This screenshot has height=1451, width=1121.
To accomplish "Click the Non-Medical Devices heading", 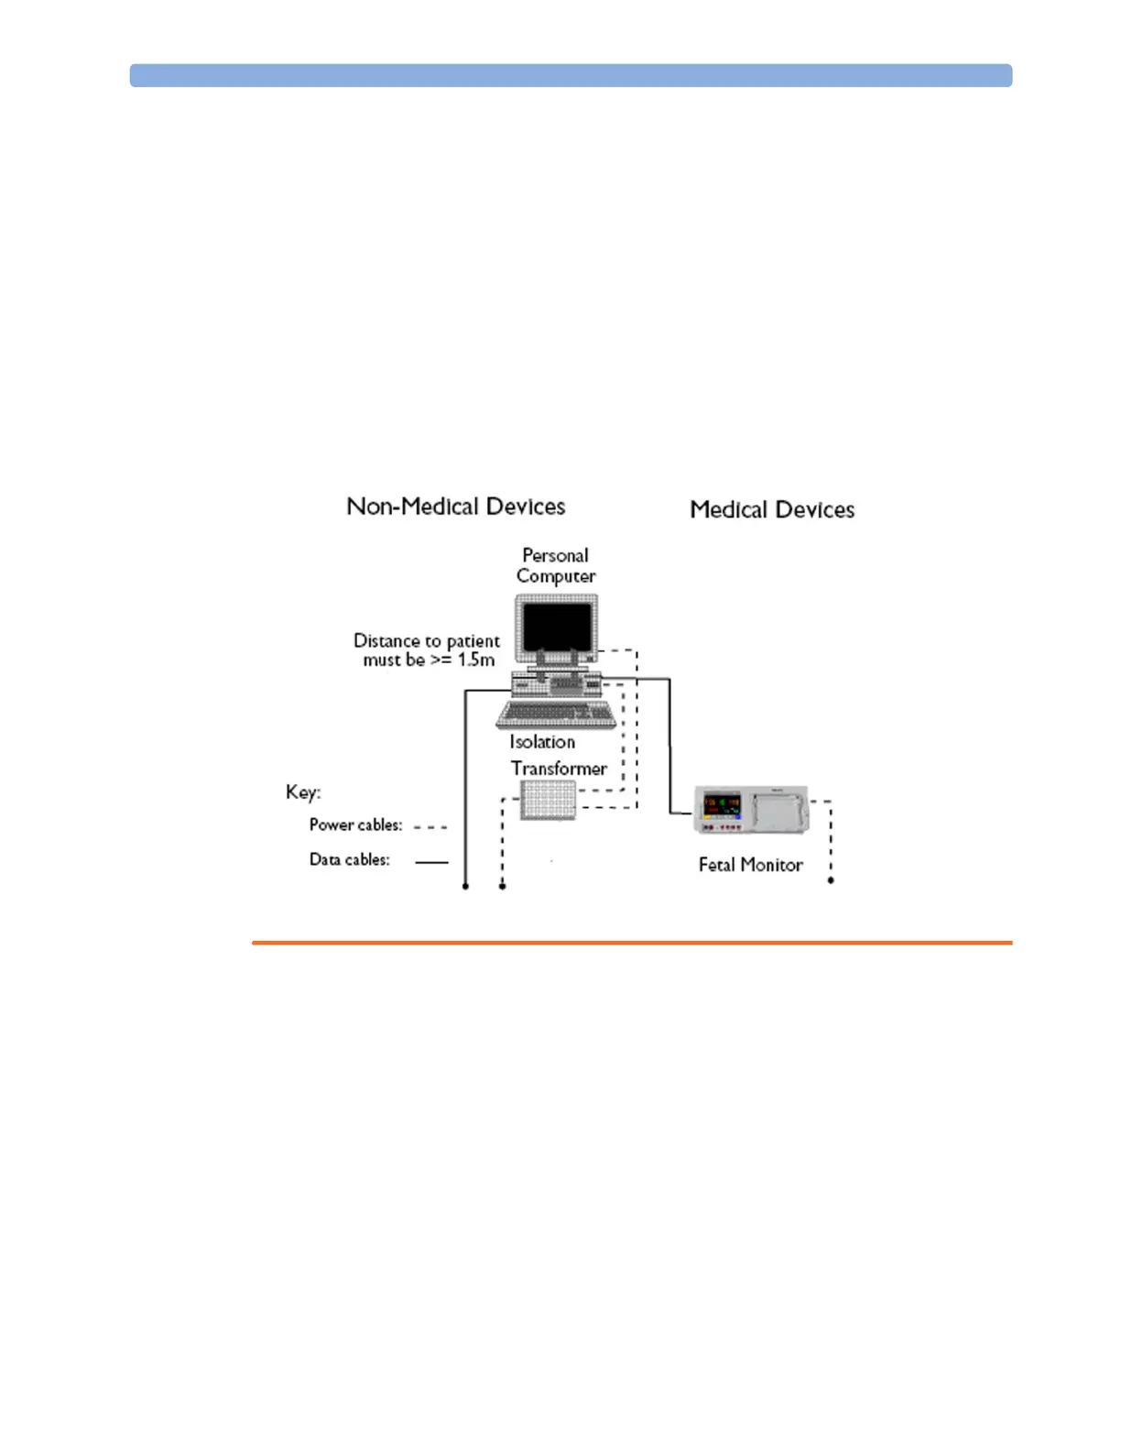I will click(x=455, y=507).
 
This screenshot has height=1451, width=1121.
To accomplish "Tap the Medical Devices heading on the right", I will click(x=772, y=509).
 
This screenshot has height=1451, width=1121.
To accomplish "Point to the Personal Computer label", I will click(x=556, y=566).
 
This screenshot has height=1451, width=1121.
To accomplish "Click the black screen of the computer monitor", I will click(x=557, y=627).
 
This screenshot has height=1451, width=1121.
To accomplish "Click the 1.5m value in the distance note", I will click(x=476, y=660).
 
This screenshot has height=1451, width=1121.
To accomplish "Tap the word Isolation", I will click(x=542, y=742).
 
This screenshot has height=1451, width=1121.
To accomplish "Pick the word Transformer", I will click(x=559, y=769).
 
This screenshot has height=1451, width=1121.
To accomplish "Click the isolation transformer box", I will click(x=548, y=801).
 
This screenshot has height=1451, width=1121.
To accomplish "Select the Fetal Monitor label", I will click(x=750, y=865).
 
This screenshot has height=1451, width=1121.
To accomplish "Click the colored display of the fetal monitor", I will click(x=722, y=807).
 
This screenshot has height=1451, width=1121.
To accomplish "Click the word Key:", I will click(x=303, y=792).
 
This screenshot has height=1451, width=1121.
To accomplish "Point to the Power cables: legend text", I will click(x=355, y=825).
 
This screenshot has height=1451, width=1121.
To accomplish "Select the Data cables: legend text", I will click(x=349, y=860).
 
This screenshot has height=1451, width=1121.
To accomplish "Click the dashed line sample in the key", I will click(x=430, y=827).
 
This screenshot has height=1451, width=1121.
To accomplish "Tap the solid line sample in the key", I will click(x=431, y=862).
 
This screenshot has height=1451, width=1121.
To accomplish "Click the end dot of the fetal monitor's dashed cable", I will click(x=831, y=880).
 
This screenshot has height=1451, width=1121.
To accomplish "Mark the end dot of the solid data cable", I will click(x=465, y=887).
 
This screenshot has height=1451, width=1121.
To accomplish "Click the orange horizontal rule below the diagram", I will click(x=632, y=942).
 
